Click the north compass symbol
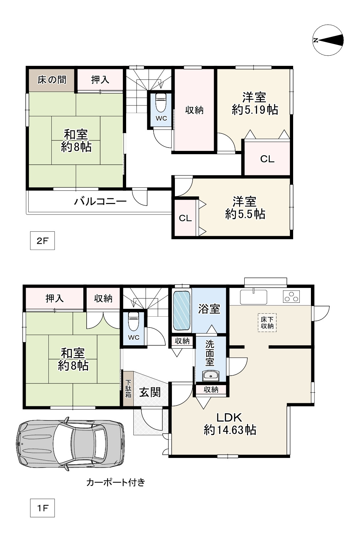(328, 40)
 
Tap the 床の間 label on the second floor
(52, 80)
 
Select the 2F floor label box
(42, 241)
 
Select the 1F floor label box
(42, 508)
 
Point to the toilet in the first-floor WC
(133, 322)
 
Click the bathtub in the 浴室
(182, 310)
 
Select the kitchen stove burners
(291, 297)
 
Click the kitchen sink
(253, 297)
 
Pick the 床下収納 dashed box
(267, 323)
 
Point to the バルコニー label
(100, 201)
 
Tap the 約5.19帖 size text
(255, 110)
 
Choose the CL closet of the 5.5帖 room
(185, 218)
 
